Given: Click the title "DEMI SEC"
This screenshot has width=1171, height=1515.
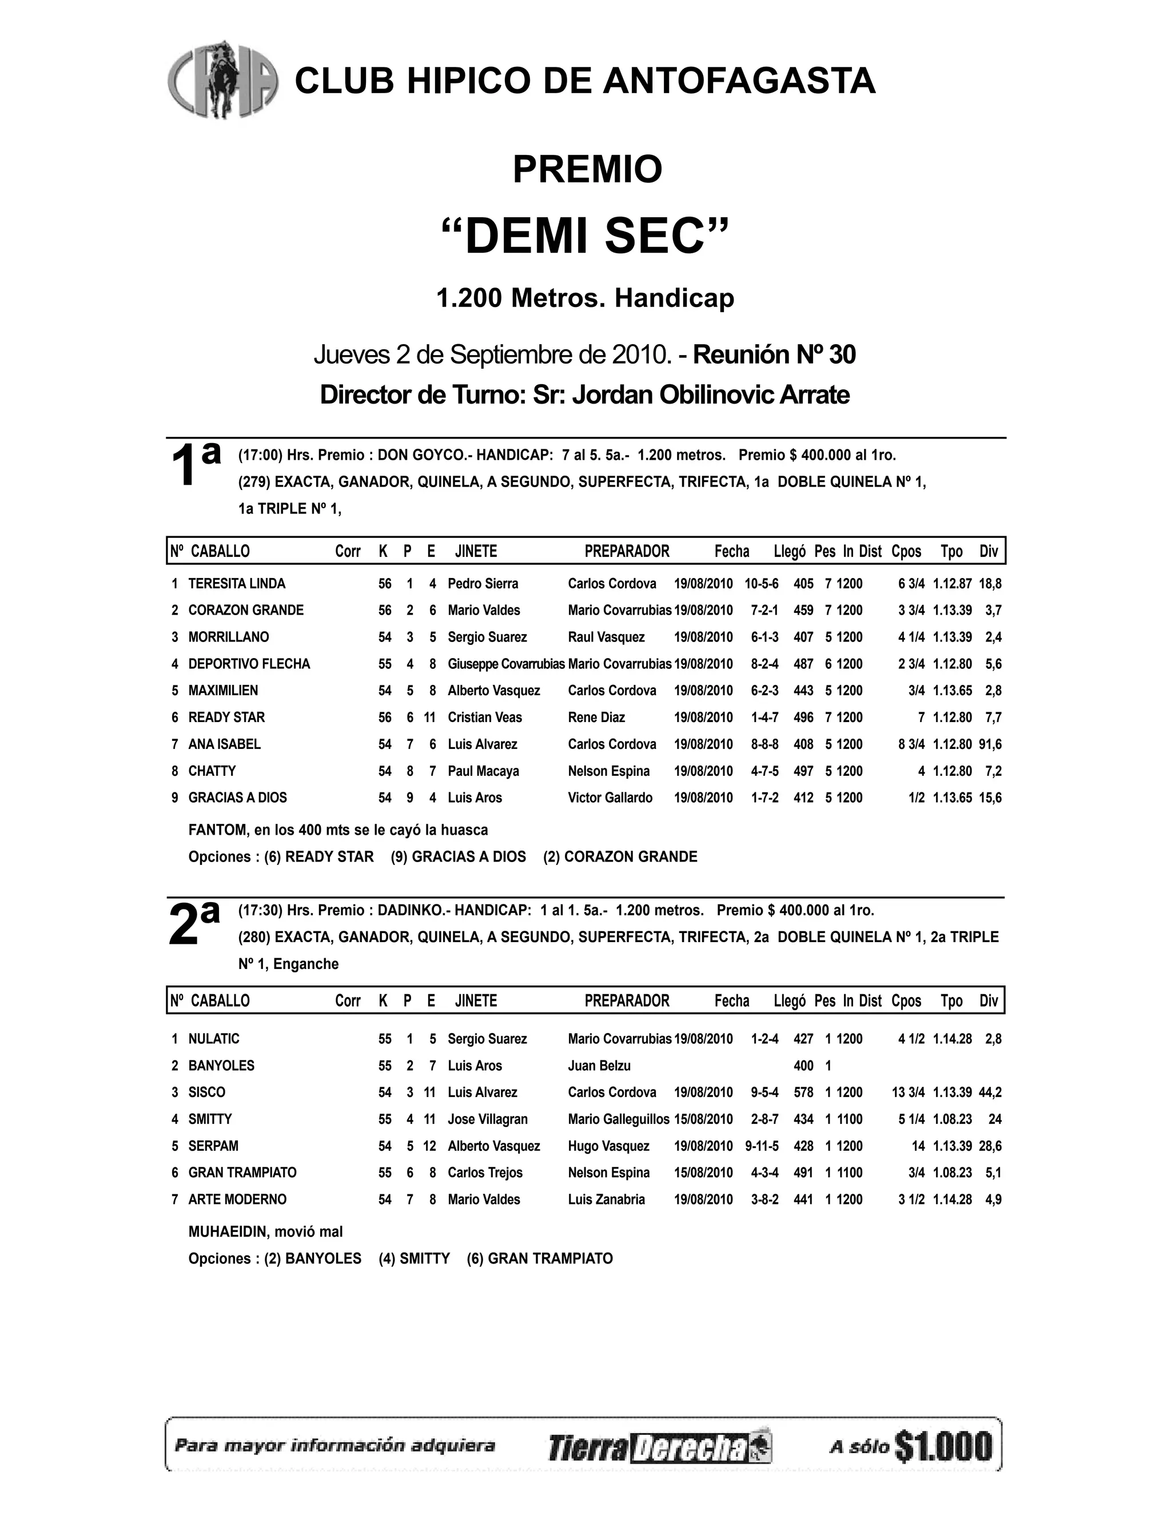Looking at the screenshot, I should [x=586, y=236].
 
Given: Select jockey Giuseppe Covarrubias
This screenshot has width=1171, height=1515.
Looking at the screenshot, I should [x=505, y=664].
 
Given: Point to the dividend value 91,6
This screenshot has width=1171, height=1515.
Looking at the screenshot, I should [x=990, y=744].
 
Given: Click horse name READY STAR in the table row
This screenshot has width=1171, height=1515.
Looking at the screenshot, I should [x=226, y=717].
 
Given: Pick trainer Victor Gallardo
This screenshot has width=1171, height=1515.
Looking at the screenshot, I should [x=610, y=798].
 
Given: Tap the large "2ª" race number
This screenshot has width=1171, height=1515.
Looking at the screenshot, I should [x=194, y=922].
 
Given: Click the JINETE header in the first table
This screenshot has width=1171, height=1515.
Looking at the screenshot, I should [x=476, y=552].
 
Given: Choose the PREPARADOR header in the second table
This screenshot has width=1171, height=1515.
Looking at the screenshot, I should [x=627, y=1001].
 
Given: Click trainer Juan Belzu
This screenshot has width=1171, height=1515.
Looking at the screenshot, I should [x=599, y=1066].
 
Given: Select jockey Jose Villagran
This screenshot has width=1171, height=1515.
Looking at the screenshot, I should [x=487, y=1119].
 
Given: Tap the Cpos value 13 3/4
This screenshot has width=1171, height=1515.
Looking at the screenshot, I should [x=907, y=1093].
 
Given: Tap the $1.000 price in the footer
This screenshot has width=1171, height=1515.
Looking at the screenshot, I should [x=944, y=1446].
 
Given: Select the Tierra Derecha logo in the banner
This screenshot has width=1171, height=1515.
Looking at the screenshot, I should [x=660, y=1448].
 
